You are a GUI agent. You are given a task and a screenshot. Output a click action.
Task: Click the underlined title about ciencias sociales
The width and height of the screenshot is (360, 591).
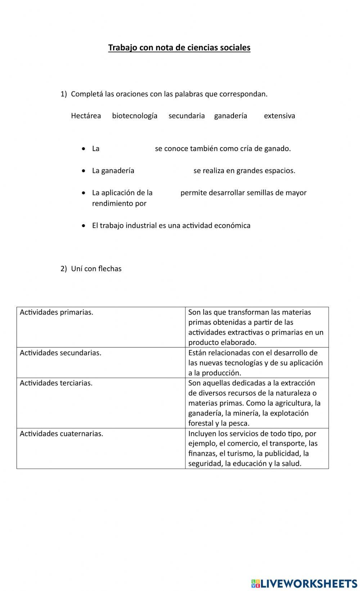click(x=179, y=47)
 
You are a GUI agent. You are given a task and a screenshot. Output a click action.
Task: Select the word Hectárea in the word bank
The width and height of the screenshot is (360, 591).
click(x=86, y=116)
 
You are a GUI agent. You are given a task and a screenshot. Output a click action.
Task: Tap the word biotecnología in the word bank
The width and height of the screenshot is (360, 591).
click(x=135, y=116)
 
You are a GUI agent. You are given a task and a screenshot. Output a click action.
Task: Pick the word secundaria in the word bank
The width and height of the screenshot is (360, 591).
click(x=186, y=116)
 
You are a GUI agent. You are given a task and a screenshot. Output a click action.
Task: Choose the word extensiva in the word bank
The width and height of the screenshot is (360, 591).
click(x=279, y=116)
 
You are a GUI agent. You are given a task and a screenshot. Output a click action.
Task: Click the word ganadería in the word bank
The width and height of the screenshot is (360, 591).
click(x=230, y=116)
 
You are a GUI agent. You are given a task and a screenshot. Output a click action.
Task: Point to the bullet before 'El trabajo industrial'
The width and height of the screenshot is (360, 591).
click(x=84, y=226)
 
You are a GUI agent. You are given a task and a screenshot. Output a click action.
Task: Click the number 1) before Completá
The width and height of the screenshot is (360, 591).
click(x=64, y=94)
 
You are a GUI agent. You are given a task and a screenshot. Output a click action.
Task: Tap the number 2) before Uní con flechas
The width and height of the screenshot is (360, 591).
click(x=64, y=269)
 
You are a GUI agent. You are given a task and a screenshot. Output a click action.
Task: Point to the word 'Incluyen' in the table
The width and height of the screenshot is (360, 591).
click(x=202, y=434)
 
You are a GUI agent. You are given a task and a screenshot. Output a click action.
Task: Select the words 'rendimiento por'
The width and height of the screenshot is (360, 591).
click(x=119, y=204)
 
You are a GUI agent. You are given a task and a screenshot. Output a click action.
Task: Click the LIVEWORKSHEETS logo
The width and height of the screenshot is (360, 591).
click(x=304, y=583)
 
